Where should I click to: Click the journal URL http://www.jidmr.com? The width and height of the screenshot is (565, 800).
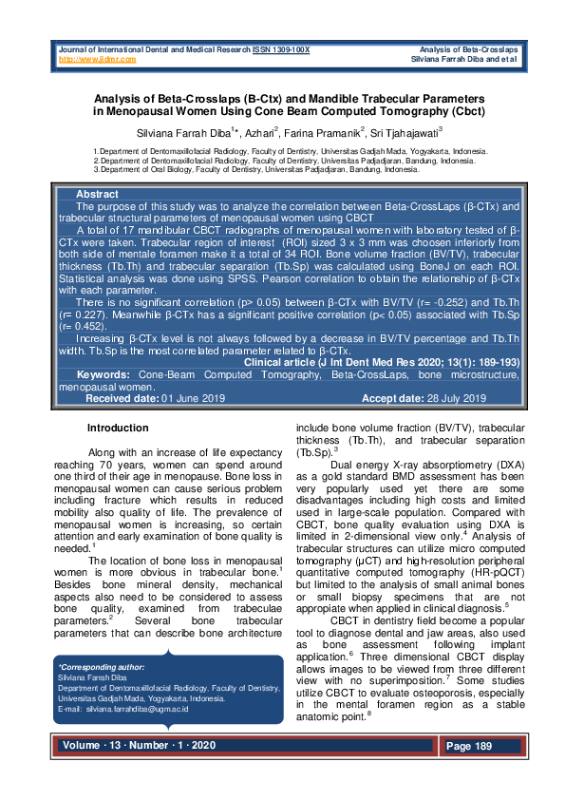click(x=98, y=59)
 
